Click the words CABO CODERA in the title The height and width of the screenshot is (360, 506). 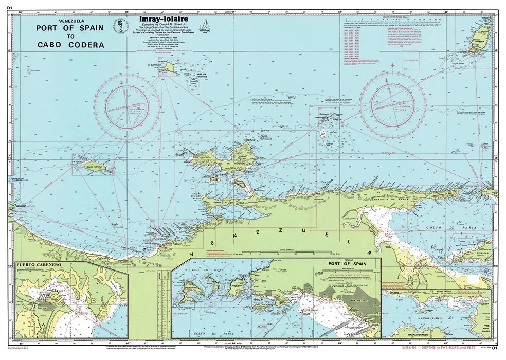[71, 45]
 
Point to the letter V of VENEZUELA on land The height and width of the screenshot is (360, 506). [191, 254]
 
